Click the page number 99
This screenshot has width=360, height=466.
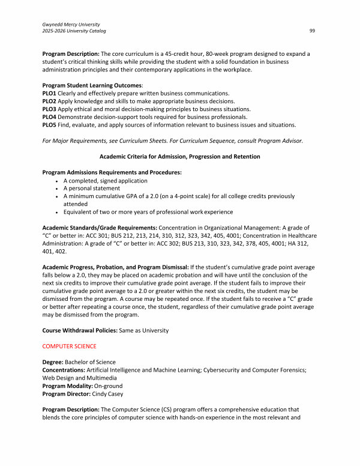312,31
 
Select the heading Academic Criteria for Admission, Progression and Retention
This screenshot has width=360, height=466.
179,156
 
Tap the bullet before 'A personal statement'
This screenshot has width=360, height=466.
56,188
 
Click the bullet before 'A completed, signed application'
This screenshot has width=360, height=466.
56,180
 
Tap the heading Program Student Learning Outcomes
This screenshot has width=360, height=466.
92,86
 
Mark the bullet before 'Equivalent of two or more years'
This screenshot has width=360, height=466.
56,211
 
